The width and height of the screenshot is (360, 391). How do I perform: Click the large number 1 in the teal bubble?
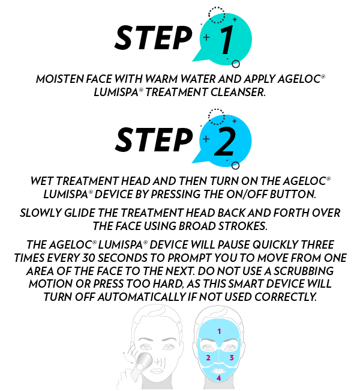[x=227, y=40]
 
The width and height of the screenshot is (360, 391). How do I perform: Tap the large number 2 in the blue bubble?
[x=225, y=142]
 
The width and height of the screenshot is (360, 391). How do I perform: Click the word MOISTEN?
[x=60, y=79]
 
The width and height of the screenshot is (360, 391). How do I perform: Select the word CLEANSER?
[x=238, y=92]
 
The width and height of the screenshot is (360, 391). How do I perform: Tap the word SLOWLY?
[x=40, y=213]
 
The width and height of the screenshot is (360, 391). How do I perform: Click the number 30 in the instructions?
[x=88, y=258]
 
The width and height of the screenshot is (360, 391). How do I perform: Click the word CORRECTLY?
[x=286, y=297]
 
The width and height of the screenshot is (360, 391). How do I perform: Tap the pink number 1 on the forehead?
[x=219, y=331]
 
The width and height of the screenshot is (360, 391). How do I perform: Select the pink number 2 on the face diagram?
[x=208, y=358]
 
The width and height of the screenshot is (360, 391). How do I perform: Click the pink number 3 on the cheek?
[x=232, y=357]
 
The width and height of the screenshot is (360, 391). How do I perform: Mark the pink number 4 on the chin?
[x=218, y=378]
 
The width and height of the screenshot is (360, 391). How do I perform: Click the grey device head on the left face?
[x=145, y=362]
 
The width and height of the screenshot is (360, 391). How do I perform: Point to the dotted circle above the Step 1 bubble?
[x=216, y=15]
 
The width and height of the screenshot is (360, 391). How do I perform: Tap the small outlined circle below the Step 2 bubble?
[x=235, y=165]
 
